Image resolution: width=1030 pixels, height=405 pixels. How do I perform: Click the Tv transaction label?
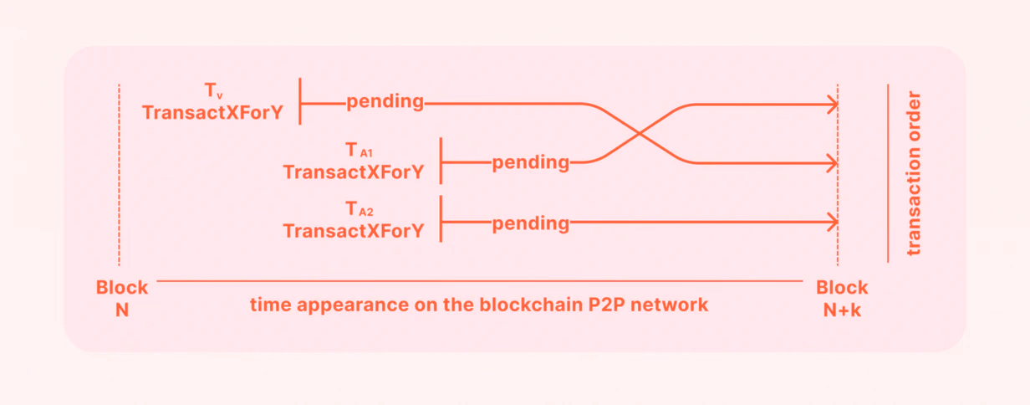pos(213,90)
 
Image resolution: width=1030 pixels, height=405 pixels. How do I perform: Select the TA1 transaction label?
pos(359,150)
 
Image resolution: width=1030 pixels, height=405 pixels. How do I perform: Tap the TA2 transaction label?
pos(359,209)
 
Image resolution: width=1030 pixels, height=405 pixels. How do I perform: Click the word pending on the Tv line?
pos(385,102)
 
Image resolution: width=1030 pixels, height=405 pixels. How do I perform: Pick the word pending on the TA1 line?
pos(531,163)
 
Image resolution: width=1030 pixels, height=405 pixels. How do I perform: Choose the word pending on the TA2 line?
pos(531,224)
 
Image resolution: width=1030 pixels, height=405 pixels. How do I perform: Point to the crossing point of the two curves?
pos(639,134)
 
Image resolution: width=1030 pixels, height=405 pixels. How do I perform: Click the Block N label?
pos(122,299)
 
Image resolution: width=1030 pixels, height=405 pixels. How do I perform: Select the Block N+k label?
pos(842,299)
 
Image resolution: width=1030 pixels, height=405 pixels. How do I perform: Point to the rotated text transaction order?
pos(914,173)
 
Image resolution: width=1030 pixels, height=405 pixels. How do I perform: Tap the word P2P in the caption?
pos(606,305)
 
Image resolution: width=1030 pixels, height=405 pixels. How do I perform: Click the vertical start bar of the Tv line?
pos(300,101)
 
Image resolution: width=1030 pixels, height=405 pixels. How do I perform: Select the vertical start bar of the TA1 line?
pos(441,161)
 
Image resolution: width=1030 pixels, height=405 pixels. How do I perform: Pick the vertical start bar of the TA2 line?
pos(441,219)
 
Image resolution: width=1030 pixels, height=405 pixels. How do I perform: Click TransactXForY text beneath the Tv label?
pos(212,113)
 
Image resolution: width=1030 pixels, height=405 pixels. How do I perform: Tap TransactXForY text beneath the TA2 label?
pos(353,231)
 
